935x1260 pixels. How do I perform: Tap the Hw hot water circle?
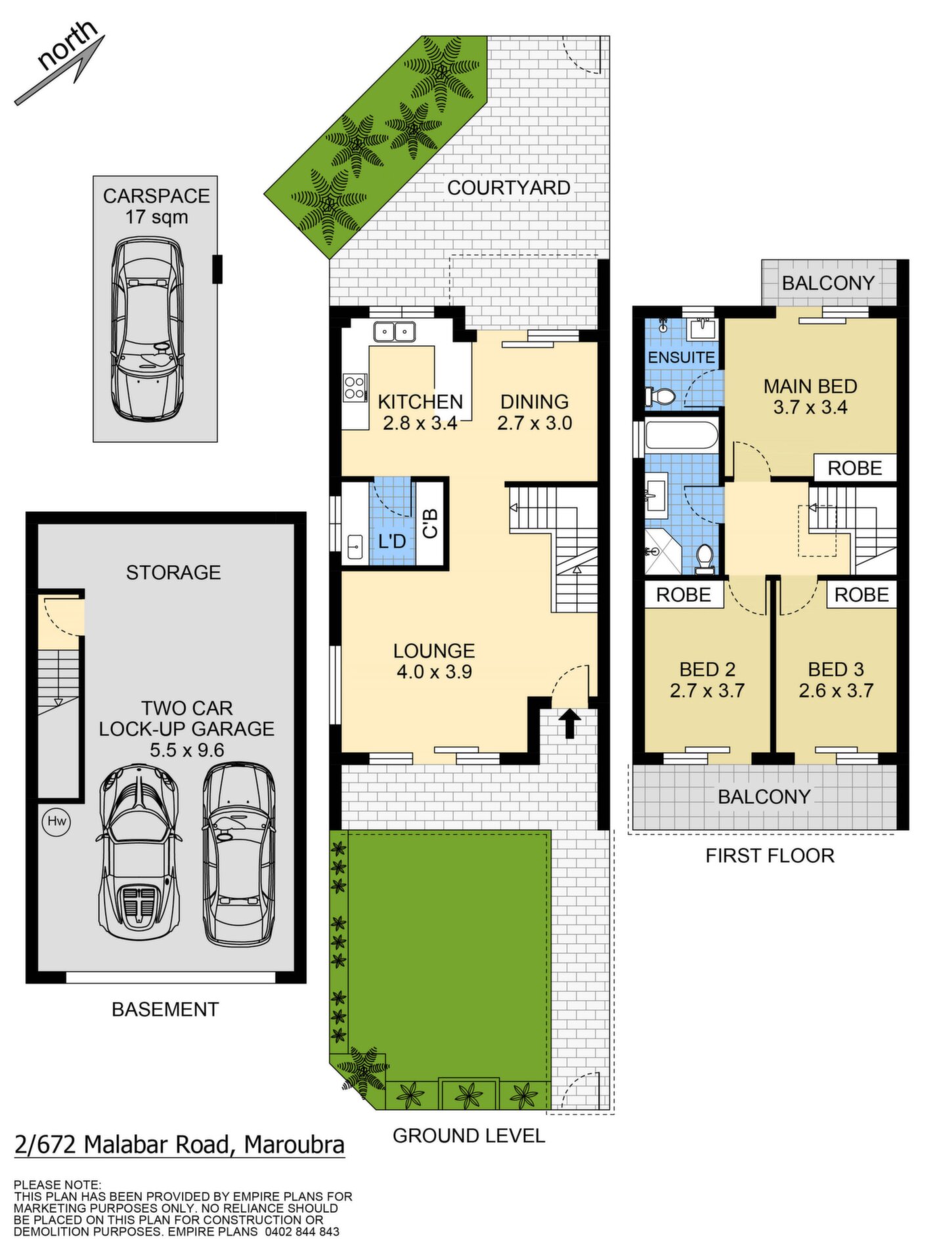pos(57,821)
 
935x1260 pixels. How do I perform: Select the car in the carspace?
pos(147,329)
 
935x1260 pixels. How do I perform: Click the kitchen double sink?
pos(394,331)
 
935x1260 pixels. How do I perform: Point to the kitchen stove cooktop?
pos(355,387)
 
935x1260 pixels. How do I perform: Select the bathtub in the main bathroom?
pos(682,436)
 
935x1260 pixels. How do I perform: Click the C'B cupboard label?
pos(430,524)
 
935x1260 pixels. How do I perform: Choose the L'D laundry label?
pos(392,541)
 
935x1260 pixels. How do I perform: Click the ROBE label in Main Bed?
pos(854,468)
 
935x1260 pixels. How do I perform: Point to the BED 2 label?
pos(707,669)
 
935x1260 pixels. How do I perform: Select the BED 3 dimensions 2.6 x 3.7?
pos(836,690)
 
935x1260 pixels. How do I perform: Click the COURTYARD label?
pos(509,188)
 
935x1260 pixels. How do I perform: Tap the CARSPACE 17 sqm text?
pos(156,206)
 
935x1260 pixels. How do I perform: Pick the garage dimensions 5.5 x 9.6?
pos(187,749)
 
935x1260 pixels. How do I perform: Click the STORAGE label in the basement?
pos(173,572)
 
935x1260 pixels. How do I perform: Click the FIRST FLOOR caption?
pos(770,856)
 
